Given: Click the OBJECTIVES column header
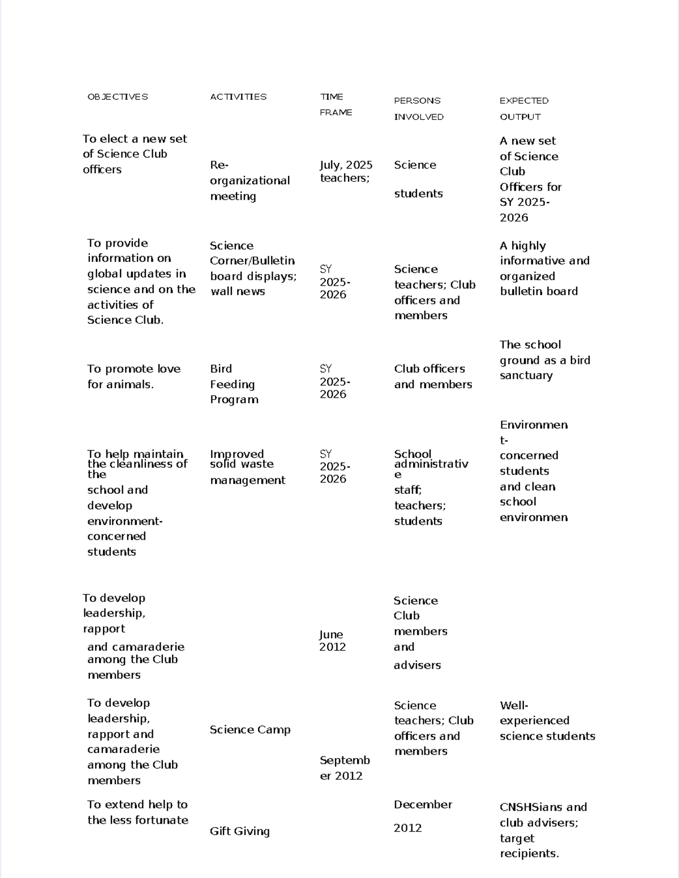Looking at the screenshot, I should (118, 97).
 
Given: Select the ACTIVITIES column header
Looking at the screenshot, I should (238, 97).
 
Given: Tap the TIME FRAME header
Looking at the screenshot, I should (336, 105).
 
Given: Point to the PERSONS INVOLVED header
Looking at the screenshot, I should (419, 109).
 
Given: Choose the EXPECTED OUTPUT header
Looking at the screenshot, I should (523, 109).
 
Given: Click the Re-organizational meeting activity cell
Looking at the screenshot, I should (250, 180).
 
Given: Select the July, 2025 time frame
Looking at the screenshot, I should (346, 165).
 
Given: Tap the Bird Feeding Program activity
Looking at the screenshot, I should (234, 384).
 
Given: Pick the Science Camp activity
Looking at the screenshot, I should (250, 730).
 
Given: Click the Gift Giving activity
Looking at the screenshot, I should (239, 831).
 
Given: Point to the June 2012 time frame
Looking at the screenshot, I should (332, 641).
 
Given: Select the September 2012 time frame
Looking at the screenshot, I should (344, 768).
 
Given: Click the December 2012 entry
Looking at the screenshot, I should (422, 816).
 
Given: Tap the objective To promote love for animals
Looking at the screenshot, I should (134, 377).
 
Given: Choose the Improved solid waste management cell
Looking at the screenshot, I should (247, 467).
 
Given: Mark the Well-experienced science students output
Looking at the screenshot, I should (547, 721).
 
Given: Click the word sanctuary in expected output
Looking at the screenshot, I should (526, 376).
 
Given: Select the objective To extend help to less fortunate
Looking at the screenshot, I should (137, 812).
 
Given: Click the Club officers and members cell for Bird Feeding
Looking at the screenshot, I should (432, 377).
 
